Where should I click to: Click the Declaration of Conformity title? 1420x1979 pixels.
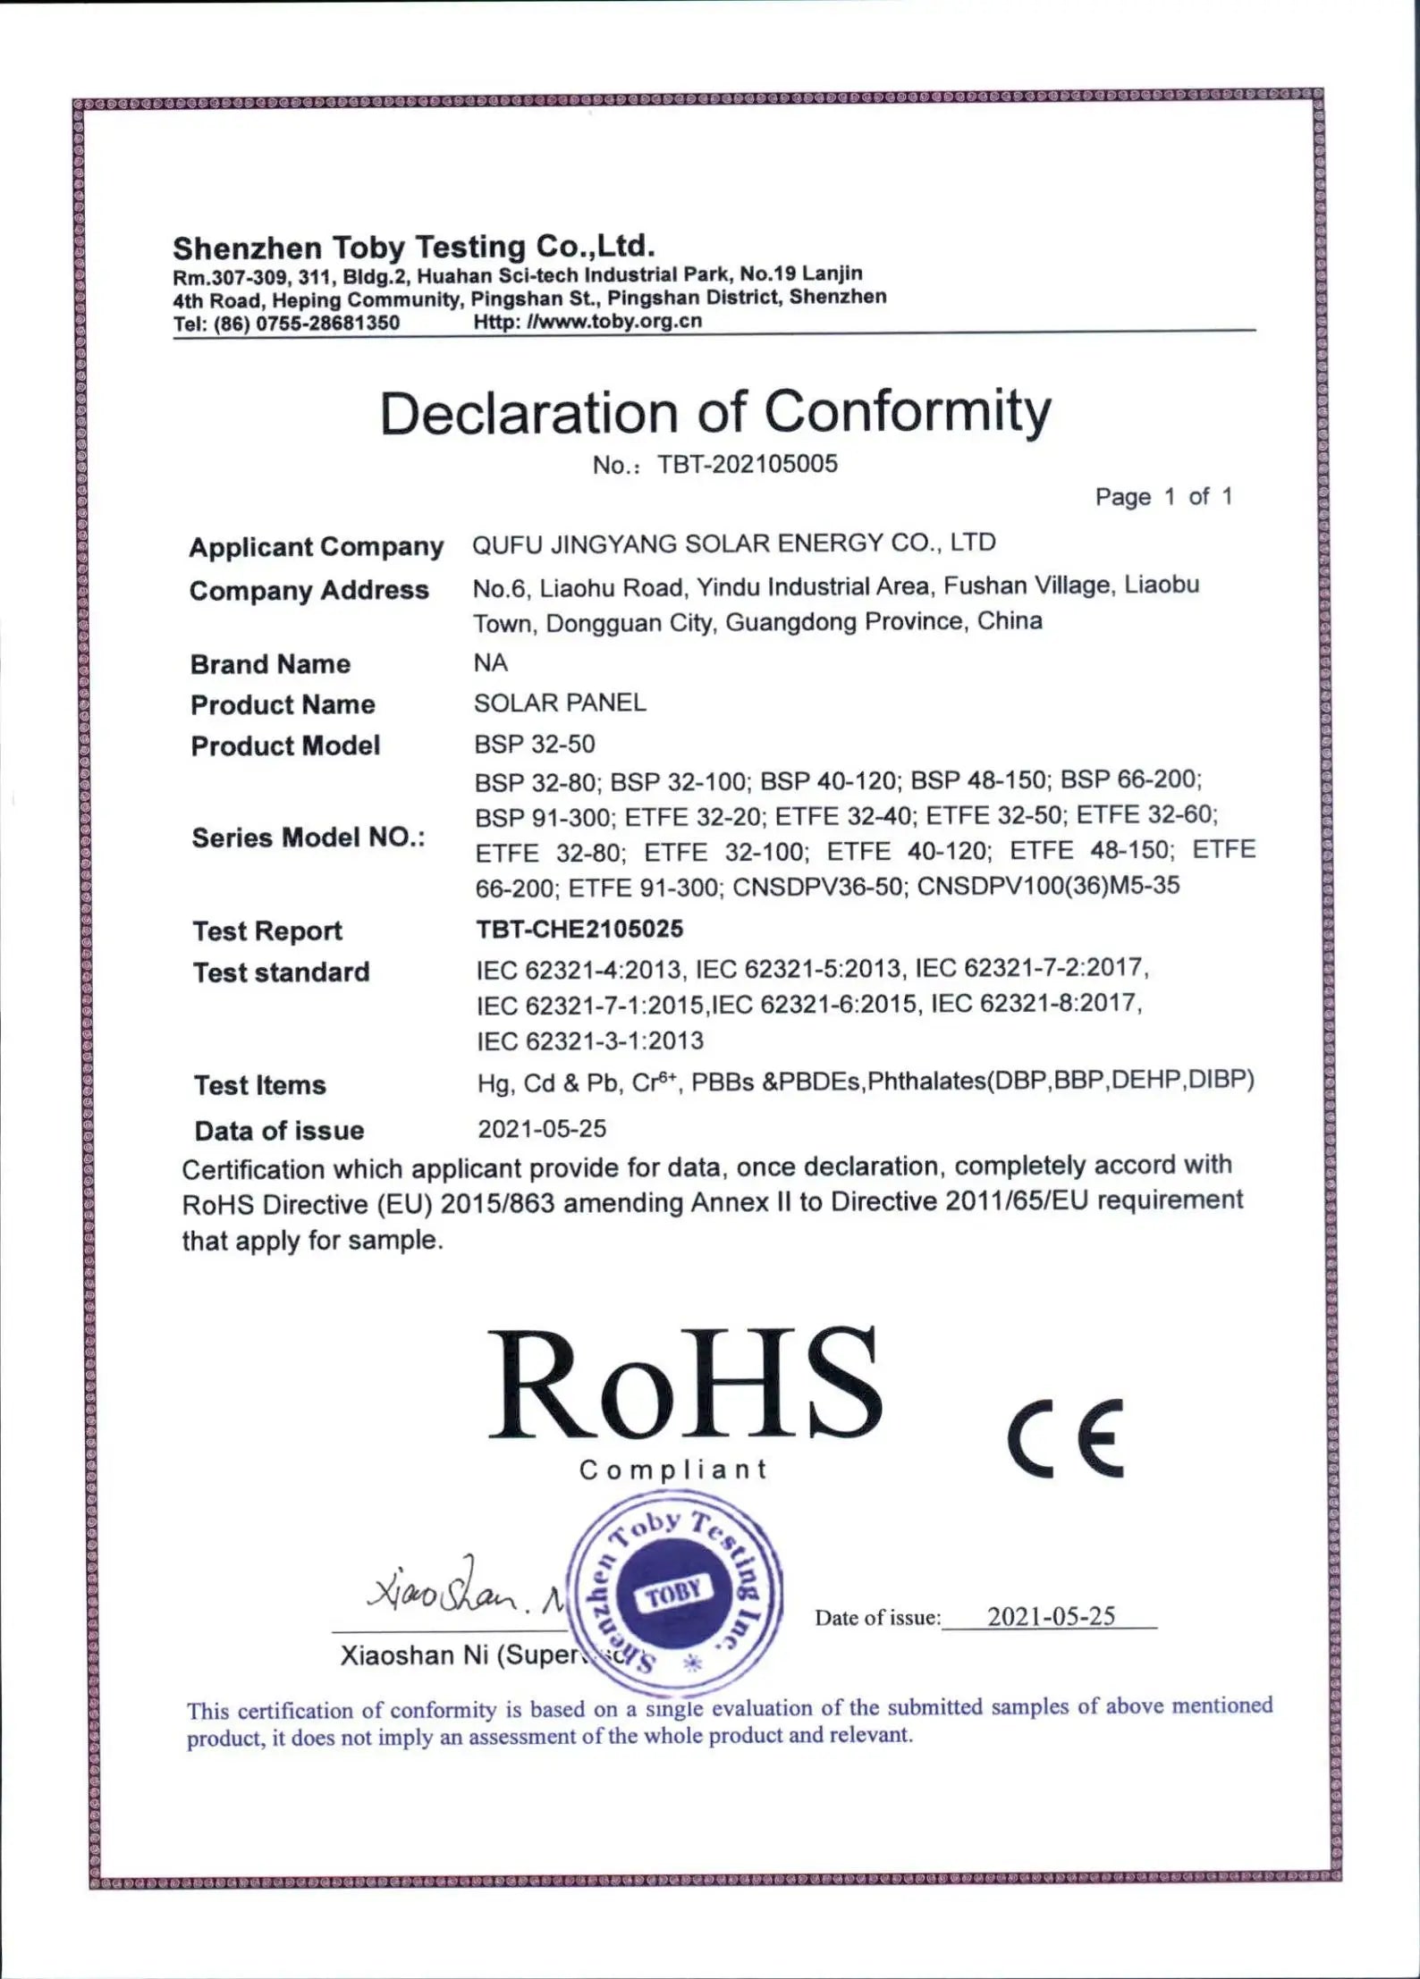click(x=715, y=413)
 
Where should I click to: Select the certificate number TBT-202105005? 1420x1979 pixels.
click(x=748, y=464)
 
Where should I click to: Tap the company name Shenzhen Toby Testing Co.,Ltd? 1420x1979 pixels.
click(x=413, y=246)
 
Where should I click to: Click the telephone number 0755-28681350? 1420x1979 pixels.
click(x=327, y=323)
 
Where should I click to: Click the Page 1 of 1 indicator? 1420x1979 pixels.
click(x=1163, y=496)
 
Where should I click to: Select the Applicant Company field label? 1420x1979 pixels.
click(x=316, y=546)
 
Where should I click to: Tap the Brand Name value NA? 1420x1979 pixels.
click(x=490, y=662)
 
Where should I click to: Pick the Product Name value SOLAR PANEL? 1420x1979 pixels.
click(x=560, y=703)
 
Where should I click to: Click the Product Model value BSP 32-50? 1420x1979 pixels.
click(x=534, y=744)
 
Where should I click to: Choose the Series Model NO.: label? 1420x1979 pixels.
click(x=308, y=838)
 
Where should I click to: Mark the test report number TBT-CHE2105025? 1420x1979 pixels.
click(x=579, y=929)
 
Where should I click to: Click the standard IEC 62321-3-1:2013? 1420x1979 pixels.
click(x=590, y=1040)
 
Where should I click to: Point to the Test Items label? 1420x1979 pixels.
click(x=259, y=1085)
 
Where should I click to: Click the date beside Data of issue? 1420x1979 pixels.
click(x=542, y=1129)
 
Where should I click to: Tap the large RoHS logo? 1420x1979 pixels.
click(x=684, y=1385)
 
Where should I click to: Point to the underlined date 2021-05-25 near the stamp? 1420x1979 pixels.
click(x=1051, y=1616)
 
